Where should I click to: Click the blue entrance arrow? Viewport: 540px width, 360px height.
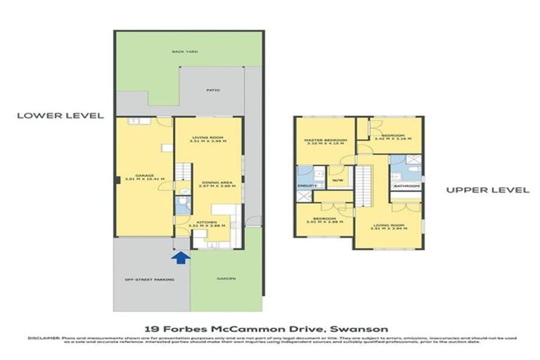(x=181, y=259)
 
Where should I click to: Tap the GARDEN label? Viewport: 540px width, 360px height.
(x=226, y=279)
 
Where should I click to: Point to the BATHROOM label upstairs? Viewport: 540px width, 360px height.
(x=406, y=186)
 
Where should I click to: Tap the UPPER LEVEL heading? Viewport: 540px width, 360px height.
(x=477, y=190)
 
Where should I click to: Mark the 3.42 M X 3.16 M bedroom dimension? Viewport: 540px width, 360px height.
(x=389, y=139)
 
